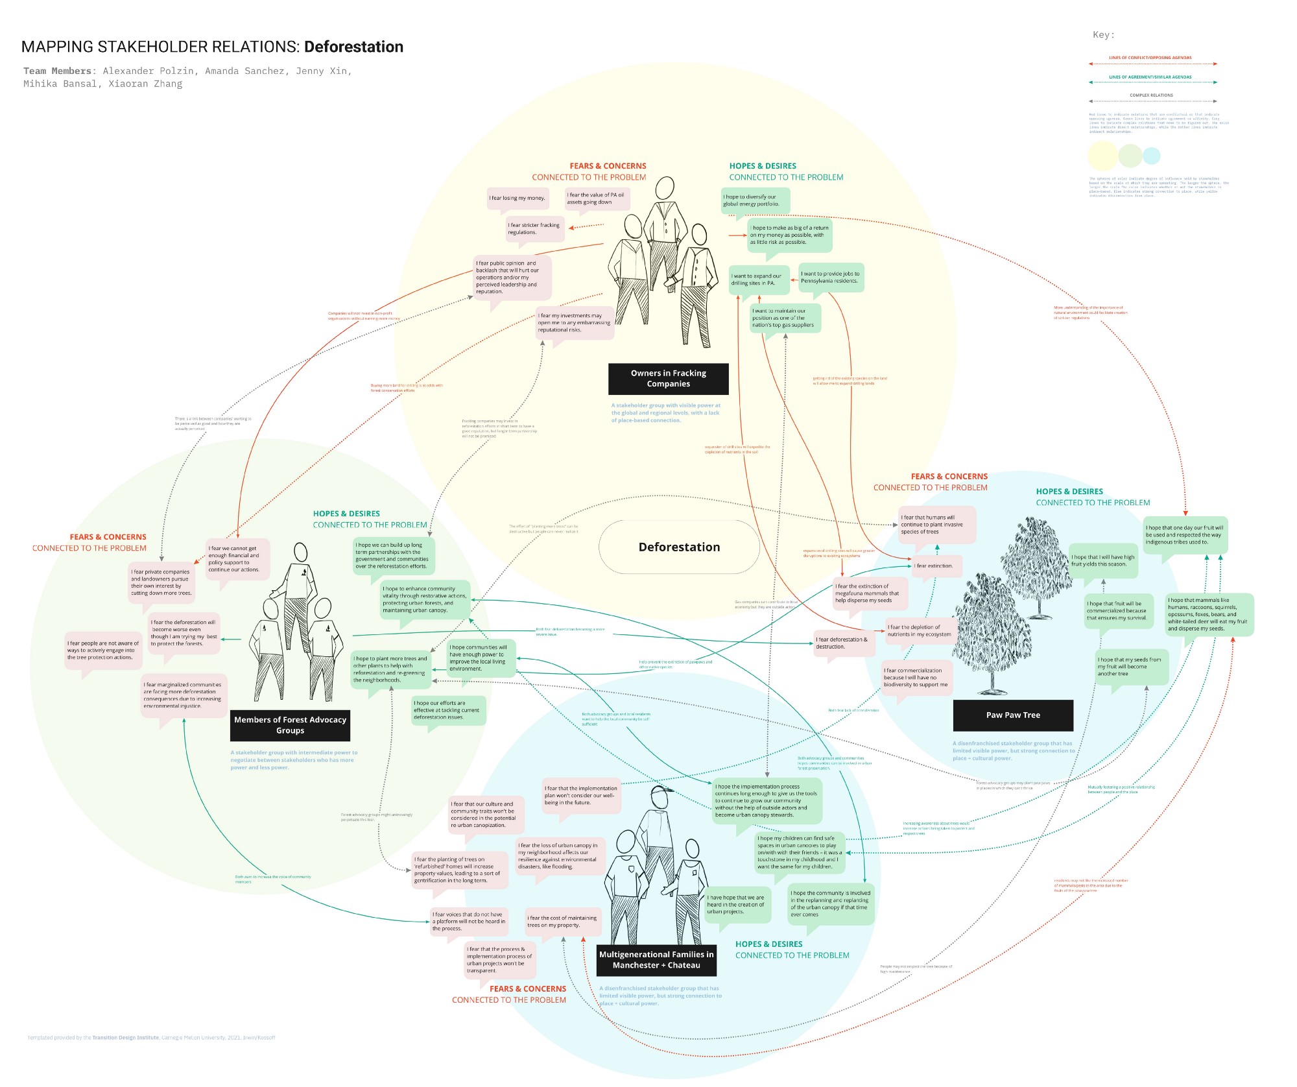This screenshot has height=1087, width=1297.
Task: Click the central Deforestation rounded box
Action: [x=679, y=547]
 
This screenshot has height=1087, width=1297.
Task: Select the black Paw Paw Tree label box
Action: [x=1013, y=715]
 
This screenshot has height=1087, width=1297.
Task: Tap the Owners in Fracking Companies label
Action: [x=668, y=378]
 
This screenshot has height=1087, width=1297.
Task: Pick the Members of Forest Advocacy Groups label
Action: [x=290, y=725]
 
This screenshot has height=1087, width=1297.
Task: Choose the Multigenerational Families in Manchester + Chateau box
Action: [x=656, y=960]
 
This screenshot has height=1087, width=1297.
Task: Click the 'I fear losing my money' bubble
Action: [x=517, y=198]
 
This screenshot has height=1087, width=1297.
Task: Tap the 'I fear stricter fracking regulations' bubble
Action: [x=534, y=228]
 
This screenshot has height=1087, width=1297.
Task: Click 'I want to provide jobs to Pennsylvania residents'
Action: [x=830, y=277]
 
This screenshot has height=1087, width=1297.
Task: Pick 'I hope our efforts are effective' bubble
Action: [x=447, y=710]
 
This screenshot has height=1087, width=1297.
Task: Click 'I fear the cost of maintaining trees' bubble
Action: [x=562, y=921]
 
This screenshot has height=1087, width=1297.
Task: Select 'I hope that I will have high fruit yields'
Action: [x=1102, y=560]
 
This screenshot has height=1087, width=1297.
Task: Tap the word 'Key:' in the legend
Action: [x=1103, y=34]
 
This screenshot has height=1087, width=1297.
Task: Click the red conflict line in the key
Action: [x=1153, y=64]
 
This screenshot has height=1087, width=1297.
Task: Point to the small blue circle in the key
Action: [x=1151, y=156]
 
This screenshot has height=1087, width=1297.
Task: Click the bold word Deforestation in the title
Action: [x=353, y=47]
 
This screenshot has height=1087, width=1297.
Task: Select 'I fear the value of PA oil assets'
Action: [x=596, y=198]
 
